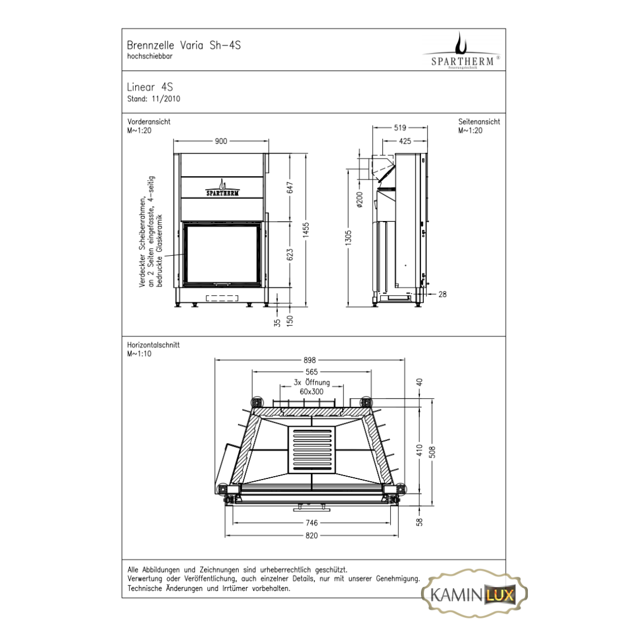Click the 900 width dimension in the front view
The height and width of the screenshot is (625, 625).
click(x=221, y=141)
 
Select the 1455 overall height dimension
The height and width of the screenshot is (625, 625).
click(x=306, y=230)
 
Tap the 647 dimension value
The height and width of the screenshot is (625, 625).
click(x=290, y=188)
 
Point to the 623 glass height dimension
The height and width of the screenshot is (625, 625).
click(x=290, y=255)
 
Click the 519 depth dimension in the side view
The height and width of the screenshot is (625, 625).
click(x=400, y=127)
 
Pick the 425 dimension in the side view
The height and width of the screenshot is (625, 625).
click(x=405, y=141)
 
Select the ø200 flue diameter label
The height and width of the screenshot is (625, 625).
click(x=360, y=199)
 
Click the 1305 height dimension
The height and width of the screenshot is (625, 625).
click(x=348, y=238)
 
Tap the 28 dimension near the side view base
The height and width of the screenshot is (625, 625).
click(x=443, y=294)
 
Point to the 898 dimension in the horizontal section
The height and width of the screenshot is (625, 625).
click(x=310, y=360)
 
